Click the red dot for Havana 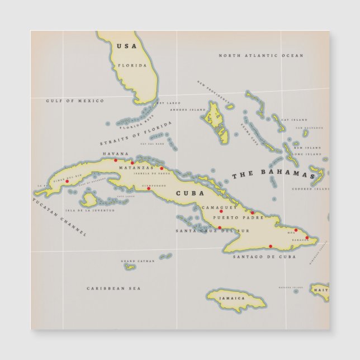click(116, 160)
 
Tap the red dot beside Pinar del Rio click(67, 181)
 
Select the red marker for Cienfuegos click(148, 188)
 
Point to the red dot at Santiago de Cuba click(271, 246)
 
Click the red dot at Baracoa click(306, 238)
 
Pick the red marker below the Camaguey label click(221, 211)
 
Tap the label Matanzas click(135, 168)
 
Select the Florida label click(132, 65)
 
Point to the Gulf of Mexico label click(75, 101)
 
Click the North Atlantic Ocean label click(260, 55)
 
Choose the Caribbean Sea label click(113, 288)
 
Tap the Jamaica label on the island click(232, 298)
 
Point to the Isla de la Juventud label click(90, 211)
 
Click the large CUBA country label click(186, 193)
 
